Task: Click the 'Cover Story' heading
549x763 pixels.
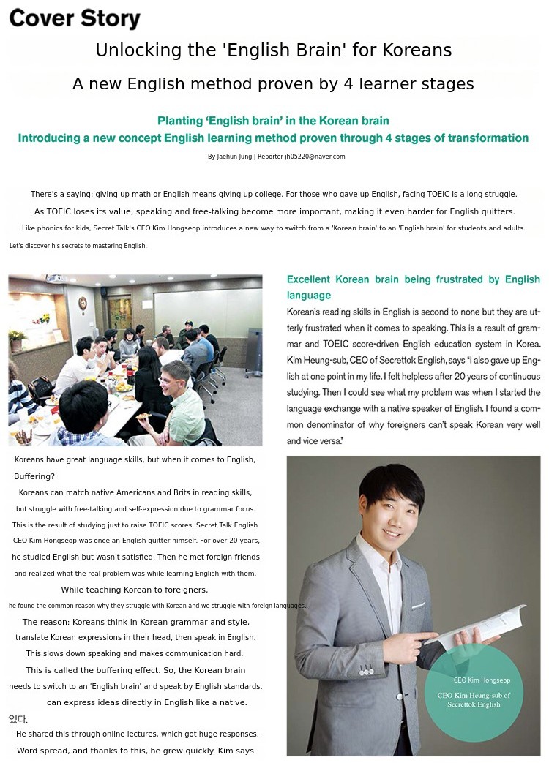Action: pos(74,19)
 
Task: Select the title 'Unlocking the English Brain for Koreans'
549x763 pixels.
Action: pos(273,50)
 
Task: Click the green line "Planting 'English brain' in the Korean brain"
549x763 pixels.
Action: pos(273,121)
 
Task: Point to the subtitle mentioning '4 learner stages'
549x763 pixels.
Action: pos(273,84)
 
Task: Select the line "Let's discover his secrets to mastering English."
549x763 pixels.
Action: pos(78,246)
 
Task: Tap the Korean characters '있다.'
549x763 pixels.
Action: pos(18,719)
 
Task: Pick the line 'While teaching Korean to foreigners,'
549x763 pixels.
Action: pos(134,590)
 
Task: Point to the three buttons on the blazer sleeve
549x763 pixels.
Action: pos(366,671)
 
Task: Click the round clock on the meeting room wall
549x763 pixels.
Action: pos(83,302)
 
